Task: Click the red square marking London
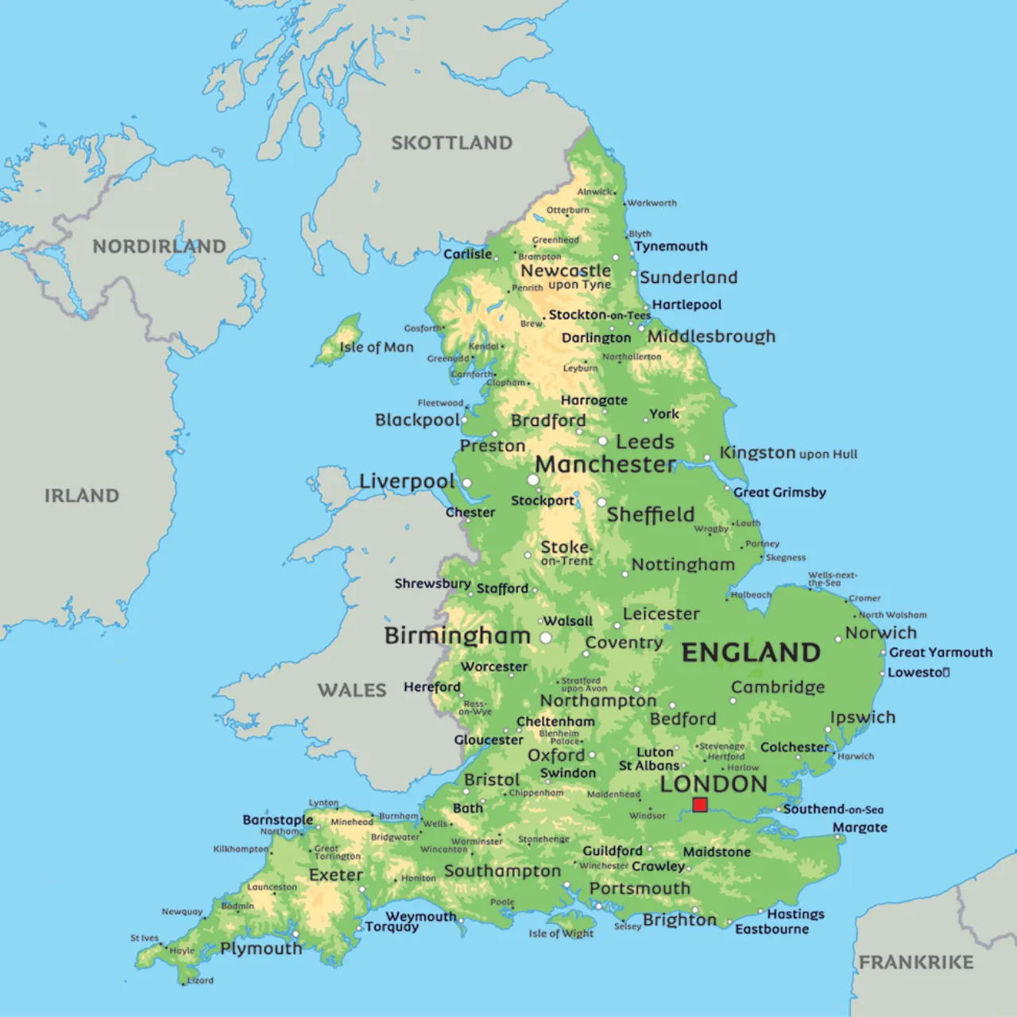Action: point(700,805)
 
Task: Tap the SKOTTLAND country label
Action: point(451,143)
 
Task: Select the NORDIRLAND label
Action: point(159,246)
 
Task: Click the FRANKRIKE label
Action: point(915,962)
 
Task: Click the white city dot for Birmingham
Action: point(546,638)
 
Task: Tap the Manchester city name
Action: point(605,464)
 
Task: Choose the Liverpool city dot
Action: point(467,483)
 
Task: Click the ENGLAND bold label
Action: point(751,652)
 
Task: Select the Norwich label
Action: point(880,633)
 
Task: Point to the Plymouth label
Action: point(261,949)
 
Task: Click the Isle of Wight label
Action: point(561,934)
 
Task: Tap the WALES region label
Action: point(352,690)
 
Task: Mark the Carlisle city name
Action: point(467,254)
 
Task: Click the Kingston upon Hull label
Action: point(788,453)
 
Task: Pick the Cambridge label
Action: point(778,687)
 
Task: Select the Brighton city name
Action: point(679,920)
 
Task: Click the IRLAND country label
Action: point(81,496)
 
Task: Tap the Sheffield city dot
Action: point(601,502)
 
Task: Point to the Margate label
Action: point(860,828)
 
